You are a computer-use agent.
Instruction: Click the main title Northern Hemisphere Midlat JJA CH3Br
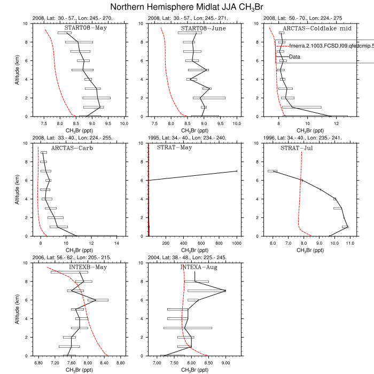[x=187, y=7]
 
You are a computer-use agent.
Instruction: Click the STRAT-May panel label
[x=175, y=148]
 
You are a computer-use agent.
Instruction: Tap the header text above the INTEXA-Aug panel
[x=187, y=258]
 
